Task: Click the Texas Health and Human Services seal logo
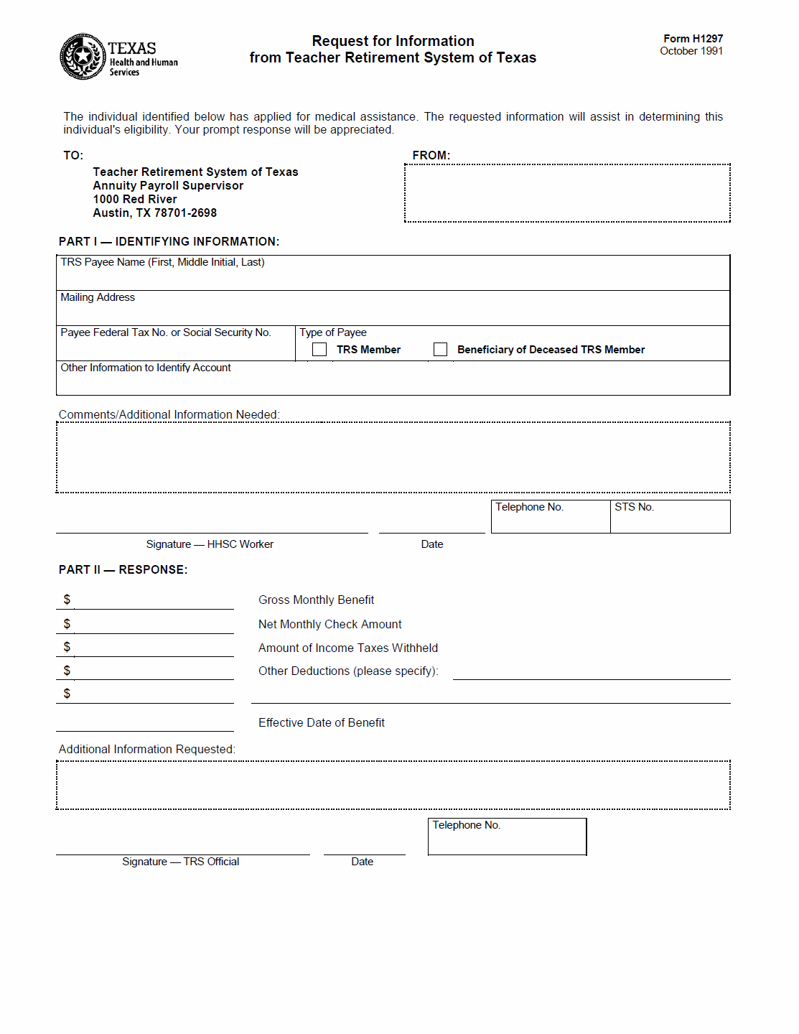click(83, 56)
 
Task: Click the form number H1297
click(693, 39)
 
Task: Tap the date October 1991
click(691, 51)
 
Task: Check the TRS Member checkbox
click(319, 350)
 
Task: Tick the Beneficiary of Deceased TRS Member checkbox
click(440, 350)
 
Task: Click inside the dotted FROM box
click(567, 193)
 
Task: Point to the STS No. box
click(670, 517)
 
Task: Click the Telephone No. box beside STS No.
click(551, 517)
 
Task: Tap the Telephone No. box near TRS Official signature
click(507, 837)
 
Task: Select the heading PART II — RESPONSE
click(123, 570)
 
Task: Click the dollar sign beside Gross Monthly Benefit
click(67, 600)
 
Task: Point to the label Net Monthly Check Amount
click(330, 625)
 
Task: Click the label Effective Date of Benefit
click(321, 723)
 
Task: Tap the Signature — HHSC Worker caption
click(210, 544)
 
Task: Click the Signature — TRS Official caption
click(180, 862)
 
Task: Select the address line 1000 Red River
click(135, 200)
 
